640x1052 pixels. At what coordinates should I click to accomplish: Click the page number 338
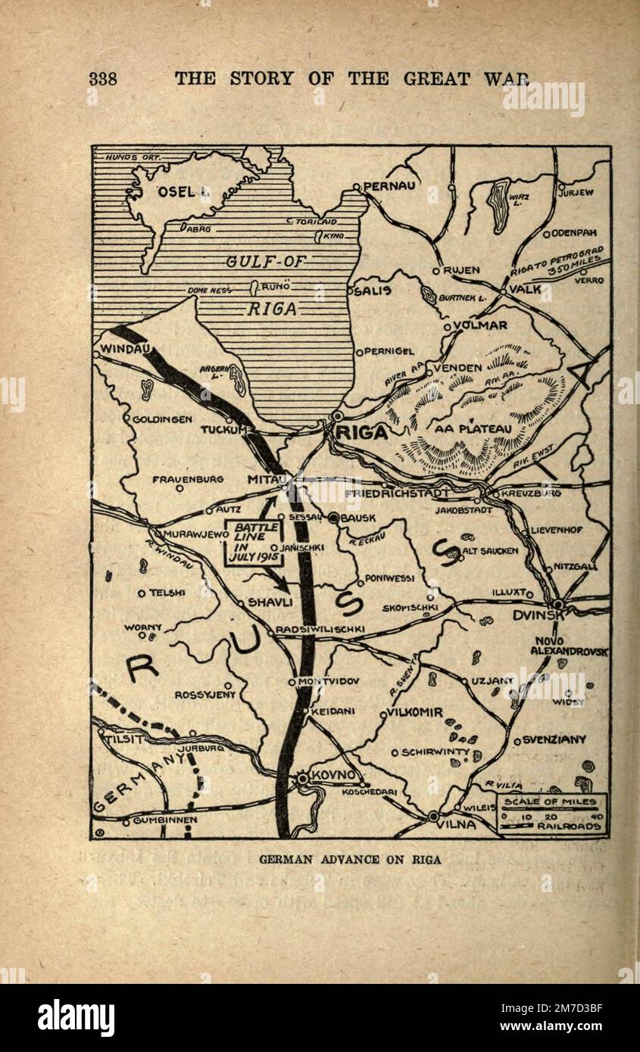103,79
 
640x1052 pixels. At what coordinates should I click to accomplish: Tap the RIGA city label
363,433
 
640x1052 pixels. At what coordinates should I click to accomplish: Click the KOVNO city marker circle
304,777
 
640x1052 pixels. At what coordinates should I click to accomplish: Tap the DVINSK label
539,616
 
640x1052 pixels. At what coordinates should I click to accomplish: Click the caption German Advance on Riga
350,859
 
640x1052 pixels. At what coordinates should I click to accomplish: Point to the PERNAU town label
389,185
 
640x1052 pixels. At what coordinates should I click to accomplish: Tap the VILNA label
457,825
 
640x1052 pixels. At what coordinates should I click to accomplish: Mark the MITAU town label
264,480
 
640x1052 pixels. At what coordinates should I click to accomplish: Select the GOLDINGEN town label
161,419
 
